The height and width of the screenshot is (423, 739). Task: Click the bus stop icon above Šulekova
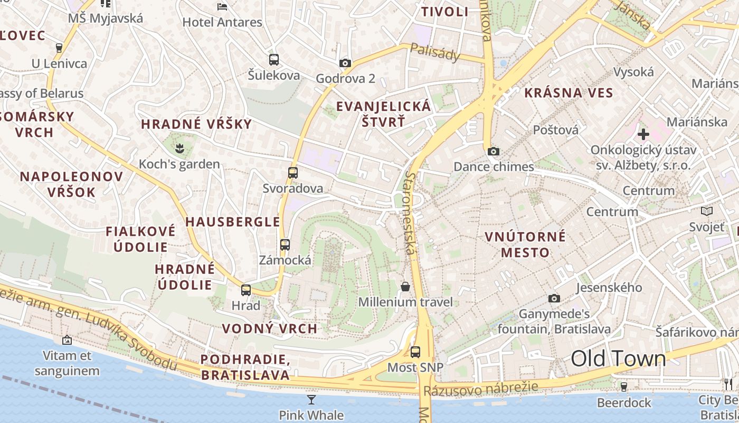[x=273, y=59]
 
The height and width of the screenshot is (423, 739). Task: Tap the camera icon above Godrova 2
[x=345, y=63]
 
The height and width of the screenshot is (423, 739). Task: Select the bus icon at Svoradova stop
[x=293, y=172]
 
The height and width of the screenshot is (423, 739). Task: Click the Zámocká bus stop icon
[x=285, y=244]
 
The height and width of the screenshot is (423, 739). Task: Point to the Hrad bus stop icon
[x=246, y=290]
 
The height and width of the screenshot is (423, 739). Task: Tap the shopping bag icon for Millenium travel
[x=405, y=287]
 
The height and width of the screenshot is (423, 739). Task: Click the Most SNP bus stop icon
[x=415, y=352]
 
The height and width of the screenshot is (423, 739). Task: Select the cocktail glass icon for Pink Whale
[x=311, y=399]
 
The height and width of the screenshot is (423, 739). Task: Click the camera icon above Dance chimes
[x=494, y=152]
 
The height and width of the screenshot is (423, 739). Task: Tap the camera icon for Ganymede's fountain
[x=554, y=299]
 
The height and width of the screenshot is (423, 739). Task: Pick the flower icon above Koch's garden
[x=179, y=149]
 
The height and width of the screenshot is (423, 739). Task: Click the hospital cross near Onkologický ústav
[x=643, y=134]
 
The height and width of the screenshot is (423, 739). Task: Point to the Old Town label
[x=618, y=358]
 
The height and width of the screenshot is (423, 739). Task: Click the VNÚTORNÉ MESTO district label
[x=525, y=244]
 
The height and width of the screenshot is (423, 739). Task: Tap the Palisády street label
[x=435, y=52]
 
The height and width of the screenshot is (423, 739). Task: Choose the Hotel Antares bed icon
[x=222, y=7]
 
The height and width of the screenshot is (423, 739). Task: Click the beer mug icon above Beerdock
[x=623, y=387]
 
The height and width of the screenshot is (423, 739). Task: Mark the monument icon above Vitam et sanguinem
[x=67, y=340]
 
